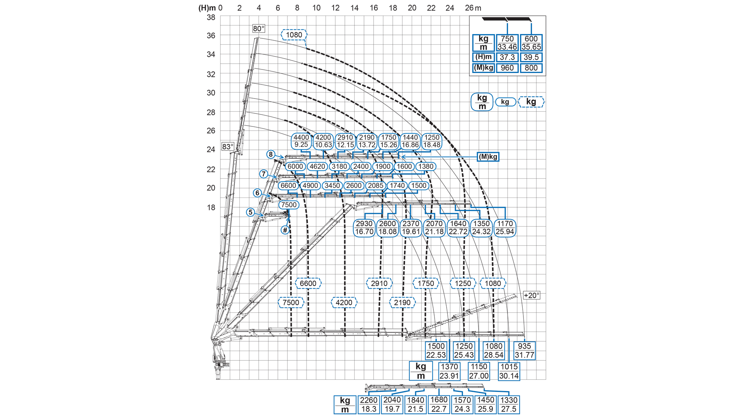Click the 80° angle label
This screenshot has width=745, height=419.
259,29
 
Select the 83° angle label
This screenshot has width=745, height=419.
228,147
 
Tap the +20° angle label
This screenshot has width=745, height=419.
531,295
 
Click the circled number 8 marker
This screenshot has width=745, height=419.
271,154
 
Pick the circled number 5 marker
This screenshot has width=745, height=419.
250,212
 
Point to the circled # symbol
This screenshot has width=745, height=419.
285,230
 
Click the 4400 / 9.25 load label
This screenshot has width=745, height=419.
301,141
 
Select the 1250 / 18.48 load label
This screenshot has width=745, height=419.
431,141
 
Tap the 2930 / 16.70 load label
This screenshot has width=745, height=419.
364,228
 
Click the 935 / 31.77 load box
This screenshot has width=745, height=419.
524,350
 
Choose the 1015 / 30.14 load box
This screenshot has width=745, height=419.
509,371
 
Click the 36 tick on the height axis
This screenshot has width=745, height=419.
211,35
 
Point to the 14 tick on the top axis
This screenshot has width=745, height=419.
354,8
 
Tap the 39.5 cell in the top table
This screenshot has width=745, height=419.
531,57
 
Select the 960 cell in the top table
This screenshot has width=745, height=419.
507,68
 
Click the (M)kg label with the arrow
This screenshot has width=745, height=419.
488,157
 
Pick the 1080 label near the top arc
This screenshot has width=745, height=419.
294,35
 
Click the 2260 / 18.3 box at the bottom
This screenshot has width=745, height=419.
369,404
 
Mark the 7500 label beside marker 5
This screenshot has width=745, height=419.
289,205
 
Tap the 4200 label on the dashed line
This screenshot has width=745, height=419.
344,303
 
